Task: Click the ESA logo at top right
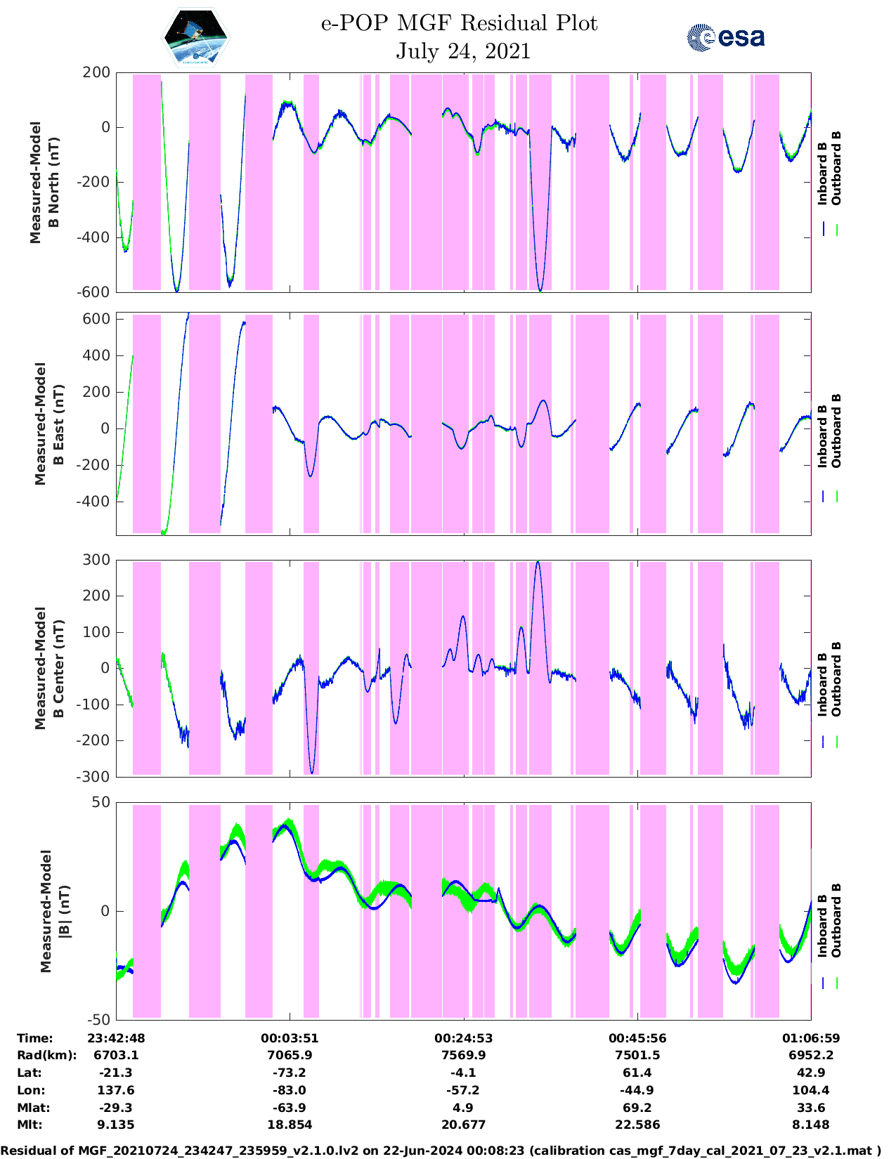725,37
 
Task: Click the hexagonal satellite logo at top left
196,38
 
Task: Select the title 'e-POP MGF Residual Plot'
459,23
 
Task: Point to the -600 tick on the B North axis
96,292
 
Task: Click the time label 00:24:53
463,1038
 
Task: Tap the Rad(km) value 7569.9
463,1056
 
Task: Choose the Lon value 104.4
811,1091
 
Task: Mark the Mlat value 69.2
637,1108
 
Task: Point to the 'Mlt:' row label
30,1125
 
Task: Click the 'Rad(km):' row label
46,1056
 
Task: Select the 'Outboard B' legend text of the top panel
836,169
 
